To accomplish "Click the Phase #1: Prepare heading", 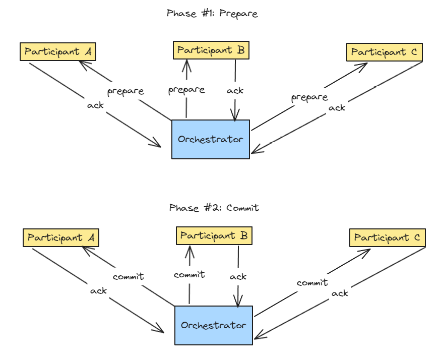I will [212, 14].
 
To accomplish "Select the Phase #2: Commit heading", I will [214, 208].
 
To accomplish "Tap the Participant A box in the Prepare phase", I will [58, 52].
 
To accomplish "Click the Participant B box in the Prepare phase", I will [211, 50].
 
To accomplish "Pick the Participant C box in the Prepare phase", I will [385, 52].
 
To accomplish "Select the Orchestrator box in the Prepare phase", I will [211, 139].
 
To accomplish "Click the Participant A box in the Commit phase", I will [61, 237].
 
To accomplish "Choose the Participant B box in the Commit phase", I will [214, 235].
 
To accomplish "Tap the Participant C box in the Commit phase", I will [388, 237].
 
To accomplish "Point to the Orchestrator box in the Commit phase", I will [214, 325].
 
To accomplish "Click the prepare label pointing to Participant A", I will [125, 91].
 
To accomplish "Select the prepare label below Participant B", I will [186, 90].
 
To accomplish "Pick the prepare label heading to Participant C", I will [309, 97].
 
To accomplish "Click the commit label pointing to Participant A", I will [129, 277].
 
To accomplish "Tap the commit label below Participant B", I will [190, 275].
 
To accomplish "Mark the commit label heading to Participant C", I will [312, 283].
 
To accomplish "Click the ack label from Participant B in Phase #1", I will [235, 91].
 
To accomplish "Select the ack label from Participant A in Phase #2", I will [98, 291].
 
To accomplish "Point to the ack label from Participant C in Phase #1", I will [337, 107].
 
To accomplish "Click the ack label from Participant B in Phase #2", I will [238, 276].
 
